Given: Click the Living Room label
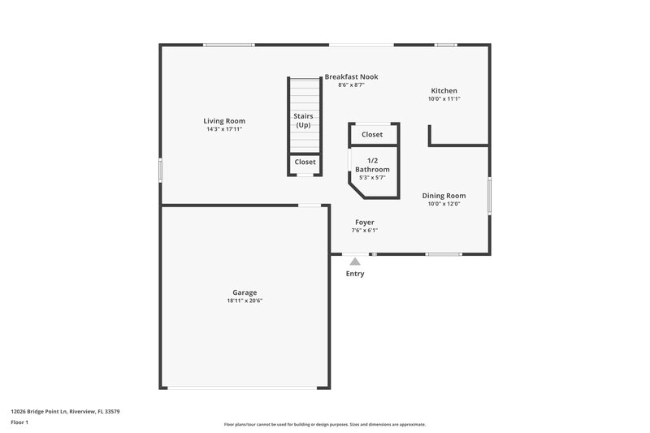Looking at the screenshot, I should pos(224,121).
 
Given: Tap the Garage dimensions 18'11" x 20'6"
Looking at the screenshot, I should pos(245,301).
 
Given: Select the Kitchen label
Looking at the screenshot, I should pos(444,91).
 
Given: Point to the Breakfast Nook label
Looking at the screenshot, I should pos(351,77).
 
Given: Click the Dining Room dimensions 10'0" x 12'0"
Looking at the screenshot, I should pos(444,204).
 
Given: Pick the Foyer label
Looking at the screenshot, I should pos(364,222).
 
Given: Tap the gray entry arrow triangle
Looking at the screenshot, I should pos(355,262).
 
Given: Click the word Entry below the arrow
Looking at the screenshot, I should pos(355,274).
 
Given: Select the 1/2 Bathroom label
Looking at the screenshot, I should pos(372,165).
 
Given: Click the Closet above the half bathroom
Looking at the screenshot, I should pos(372,135).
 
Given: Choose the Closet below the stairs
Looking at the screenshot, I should pos(305,162).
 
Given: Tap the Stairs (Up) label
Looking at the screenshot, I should pos(303,121).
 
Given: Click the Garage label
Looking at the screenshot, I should pos(245,292).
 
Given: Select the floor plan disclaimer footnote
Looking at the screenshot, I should pos(324,424).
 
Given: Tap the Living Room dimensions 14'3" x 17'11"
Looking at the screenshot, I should pos(224,129).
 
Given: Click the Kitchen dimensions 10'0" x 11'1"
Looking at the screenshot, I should pos(444,99).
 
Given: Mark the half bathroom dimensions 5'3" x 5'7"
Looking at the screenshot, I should pos(372,177).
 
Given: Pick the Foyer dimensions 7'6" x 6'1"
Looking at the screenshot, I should pos(364,230).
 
